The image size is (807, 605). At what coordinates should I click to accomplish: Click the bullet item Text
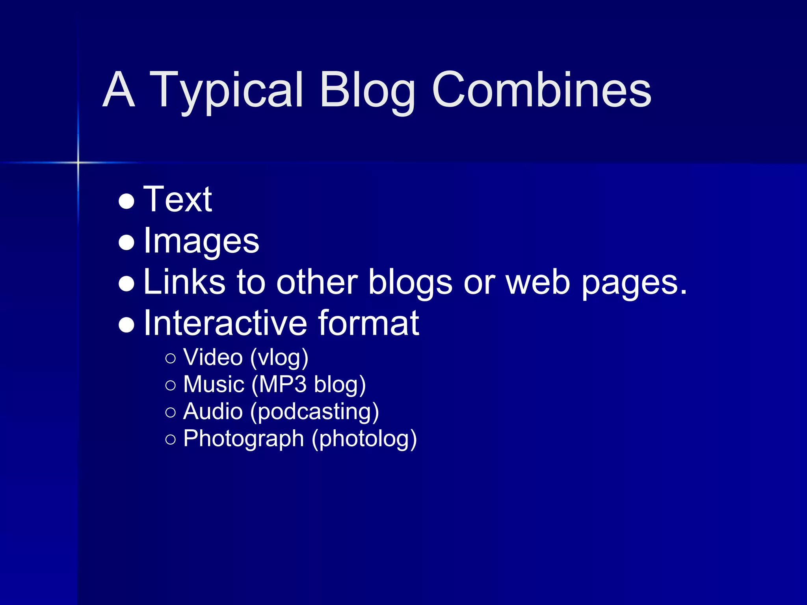tap(178, 199)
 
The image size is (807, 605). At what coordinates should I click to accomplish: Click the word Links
tap(184, 282)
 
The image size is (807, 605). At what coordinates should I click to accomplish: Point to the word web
tap(538, 282)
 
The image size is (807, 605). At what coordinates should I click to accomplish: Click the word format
tap(369, 323)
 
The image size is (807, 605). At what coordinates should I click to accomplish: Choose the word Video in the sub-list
tap(213, 357)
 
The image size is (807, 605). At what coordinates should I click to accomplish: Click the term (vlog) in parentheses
tap(279, 358)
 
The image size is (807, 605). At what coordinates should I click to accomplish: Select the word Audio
tap(213, 411)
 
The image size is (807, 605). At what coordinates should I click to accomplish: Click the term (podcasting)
tap(314, 412)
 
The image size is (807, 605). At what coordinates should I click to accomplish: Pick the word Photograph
tap(244, 439)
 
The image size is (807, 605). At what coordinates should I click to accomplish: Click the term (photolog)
tap(364, 439)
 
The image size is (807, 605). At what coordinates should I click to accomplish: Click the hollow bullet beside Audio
tap(171, 412)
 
